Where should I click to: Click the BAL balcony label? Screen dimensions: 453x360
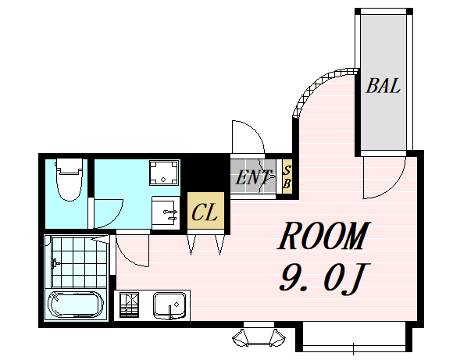click(383, 86)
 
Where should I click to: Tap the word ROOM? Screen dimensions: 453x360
click(323, 236)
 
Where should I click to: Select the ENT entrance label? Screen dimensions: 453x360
click(253, 176)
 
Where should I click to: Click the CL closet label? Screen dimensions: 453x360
click(205, 212)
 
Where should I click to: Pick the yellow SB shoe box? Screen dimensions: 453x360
click(287, 176)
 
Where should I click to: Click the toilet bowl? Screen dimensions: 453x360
click(70, 179)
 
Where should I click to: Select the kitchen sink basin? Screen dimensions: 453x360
click(170, 305)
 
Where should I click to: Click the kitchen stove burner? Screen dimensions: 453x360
click(129, 305)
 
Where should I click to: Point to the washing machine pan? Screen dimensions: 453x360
click(163, 173)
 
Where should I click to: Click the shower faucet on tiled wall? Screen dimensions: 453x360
click(55, 263)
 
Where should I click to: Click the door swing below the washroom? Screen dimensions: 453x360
click(132, 251)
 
